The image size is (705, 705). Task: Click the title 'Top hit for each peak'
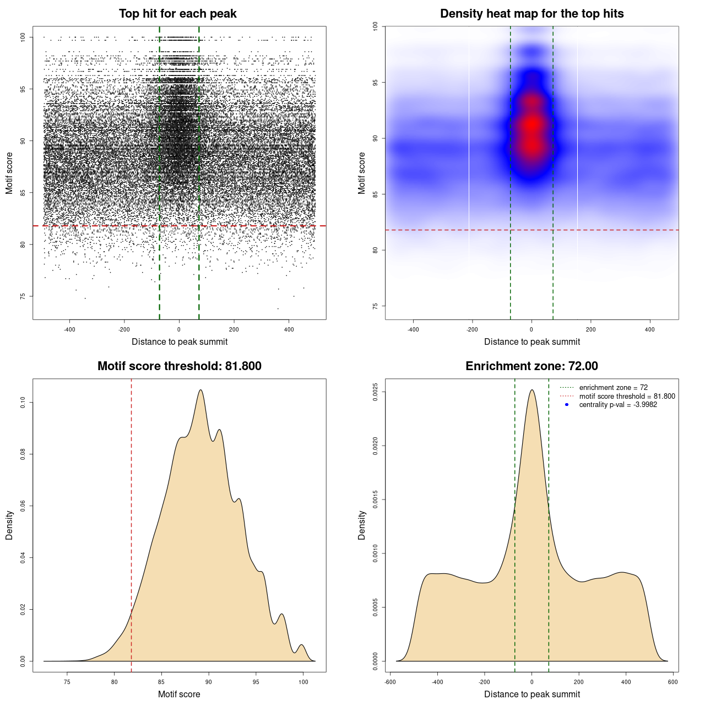click(x=178, y=14)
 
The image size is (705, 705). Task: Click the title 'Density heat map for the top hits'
click(x=532, y=14)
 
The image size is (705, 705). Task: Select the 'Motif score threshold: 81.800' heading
click(x=179, y=366)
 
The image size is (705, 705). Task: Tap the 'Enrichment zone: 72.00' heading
click(x=532, y=366)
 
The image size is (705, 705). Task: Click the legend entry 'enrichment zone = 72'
click(x=613, y=388)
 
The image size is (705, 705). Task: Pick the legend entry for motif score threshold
click(x=627, y=397)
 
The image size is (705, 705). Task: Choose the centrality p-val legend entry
click(x=618, y=405)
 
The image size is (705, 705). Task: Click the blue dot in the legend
click(x=567, y=405)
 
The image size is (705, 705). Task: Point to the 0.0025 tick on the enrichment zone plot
click(x=376, y=392)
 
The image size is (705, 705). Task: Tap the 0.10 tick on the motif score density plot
click(x=23, y=403)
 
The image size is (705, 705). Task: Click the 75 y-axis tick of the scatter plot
click(x=23, y=296)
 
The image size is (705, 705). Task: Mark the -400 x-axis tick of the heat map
click(x=413, y=330)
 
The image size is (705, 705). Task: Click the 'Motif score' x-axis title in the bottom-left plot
click(x=179, y=695)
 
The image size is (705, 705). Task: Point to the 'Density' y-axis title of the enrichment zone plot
click(x=362, y=525)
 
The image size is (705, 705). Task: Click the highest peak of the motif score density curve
click(x=200, y=391)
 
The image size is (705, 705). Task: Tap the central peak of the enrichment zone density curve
click(x=532, y=391)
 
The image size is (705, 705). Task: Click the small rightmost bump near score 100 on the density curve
click(x=301, y=645)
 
